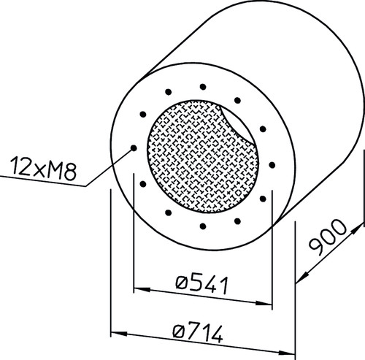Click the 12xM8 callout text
tap(43, 169)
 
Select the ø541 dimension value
tap(202, 285)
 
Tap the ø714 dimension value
tap(198, 332)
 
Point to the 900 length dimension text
tap(327, 237)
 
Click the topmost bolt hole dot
tap(203, 87)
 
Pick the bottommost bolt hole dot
tap(203, 226)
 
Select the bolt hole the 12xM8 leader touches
tap(134, 148)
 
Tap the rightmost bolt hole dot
tap(272, 165)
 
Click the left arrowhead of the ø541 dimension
tap(142, 289)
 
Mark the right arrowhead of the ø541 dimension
tap(264, 303)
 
